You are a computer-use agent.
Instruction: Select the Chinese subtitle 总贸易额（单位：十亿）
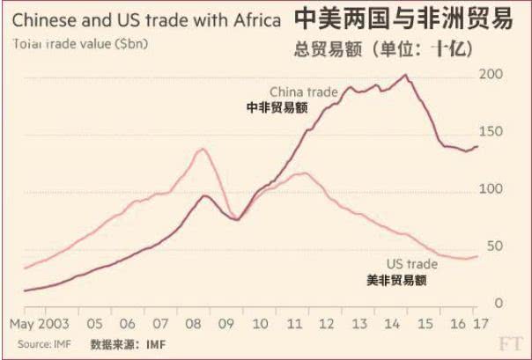coord(392,50)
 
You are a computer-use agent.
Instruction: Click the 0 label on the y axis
coord(498,303)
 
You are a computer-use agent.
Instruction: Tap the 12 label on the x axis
coord(328,323)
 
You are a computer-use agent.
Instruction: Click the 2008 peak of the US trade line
coord(202,148)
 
